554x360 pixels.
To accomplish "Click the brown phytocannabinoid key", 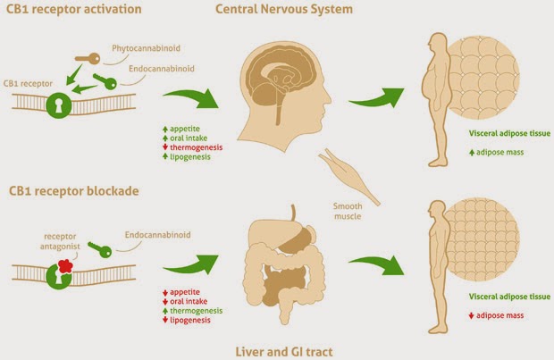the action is [x=88, y=58].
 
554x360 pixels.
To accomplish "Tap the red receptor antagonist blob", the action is [x=65, y=265].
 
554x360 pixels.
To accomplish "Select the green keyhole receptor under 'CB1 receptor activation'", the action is [x=59, y=105].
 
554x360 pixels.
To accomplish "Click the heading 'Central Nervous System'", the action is [x=284, y=9].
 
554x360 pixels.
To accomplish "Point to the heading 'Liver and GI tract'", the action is [x=284, y=352].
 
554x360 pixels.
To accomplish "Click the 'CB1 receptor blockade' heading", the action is [x=74, y=191].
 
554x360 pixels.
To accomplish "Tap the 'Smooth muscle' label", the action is [x=348, y=211].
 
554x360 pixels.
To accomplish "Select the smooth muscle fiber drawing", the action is [x=348, y=176].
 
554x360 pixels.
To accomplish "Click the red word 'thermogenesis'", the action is [x=196, y=147].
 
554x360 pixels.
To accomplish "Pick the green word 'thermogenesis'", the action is [x=196, y=311].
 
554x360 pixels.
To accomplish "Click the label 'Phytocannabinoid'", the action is [x=146, y=48].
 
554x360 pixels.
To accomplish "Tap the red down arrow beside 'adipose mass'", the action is [x=471, y=316].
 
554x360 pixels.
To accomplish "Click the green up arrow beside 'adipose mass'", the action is [x=472, y=153].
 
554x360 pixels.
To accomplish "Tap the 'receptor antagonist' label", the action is [x=60, y=241].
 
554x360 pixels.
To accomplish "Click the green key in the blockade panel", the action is [x=100, y=249].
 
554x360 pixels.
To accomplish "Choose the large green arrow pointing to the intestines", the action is [x=192, y=264].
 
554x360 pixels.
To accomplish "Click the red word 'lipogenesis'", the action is [x=190, y=320].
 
